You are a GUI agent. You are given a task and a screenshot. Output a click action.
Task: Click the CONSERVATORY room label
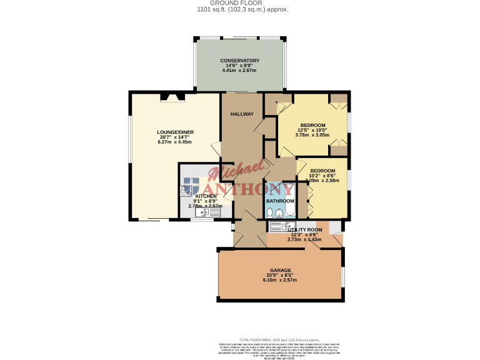click(x=239, y=61)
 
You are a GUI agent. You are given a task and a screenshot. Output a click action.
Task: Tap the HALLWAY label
click(x=242, y=114)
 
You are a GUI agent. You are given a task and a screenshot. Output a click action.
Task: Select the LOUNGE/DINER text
click(x=174, y=132)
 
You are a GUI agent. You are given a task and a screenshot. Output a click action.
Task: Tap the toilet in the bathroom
click(x=270, y=213)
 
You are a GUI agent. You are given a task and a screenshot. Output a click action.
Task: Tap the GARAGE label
click(x=281, y=270)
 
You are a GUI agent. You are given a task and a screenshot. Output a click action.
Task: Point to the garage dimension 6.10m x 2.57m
click(x=281, y=280)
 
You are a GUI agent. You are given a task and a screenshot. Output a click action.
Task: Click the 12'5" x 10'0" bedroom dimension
click(x=312, y=130)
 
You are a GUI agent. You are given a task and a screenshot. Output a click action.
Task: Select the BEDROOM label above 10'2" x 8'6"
click(x=322, y=171)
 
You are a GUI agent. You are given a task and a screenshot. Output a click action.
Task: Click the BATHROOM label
click(x=280, y=201)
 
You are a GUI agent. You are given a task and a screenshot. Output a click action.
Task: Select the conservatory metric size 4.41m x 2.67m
click(x=239, y=70)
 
